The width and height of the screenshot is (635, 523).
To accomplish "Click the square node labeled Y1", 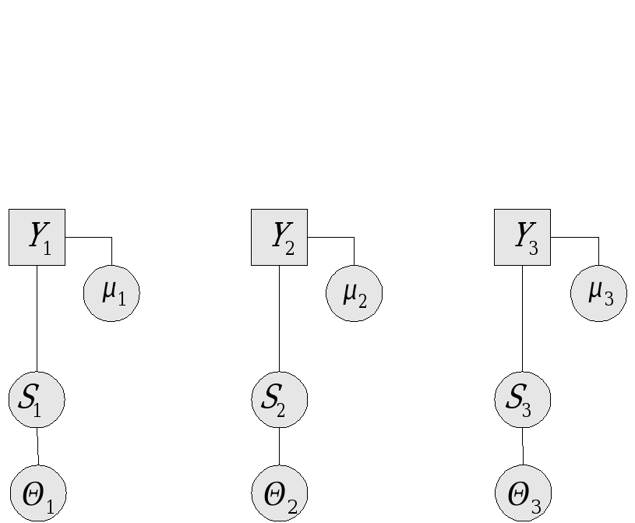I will [37, 237].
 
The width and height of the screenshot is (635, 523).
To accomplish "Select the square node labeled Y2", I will [279, 237].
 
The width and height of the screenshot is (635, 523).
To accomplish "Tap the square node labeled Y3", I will [522, 237].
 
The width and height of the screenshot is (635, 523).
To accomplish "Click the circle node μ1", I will [111, 293].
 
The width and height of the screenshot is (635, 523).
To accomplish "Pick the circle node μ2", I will [355, 293].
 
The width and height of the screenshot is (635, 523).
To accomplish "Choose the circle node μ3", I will [598, 293].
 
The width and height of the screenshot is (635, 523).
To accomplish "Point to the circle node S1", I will [37, 399].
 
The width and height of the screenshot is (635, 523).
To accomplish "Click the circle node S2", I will [280, 399].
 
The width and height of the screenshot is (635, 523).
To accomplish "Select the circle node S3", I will [523, 399].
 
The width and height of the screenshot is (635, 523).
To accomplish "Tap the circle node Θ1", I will [38, 493].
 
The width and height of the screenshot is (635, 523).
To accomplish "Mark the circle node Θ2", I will [280, 493].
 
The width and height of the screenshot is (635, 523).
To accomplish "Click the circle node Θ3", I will [524, 493].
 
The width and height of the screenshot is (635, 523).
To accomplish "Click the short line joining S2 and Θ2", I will [280, 447].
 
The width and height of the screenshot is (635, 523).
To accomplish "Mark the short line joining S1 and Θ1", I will [37, 447].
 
